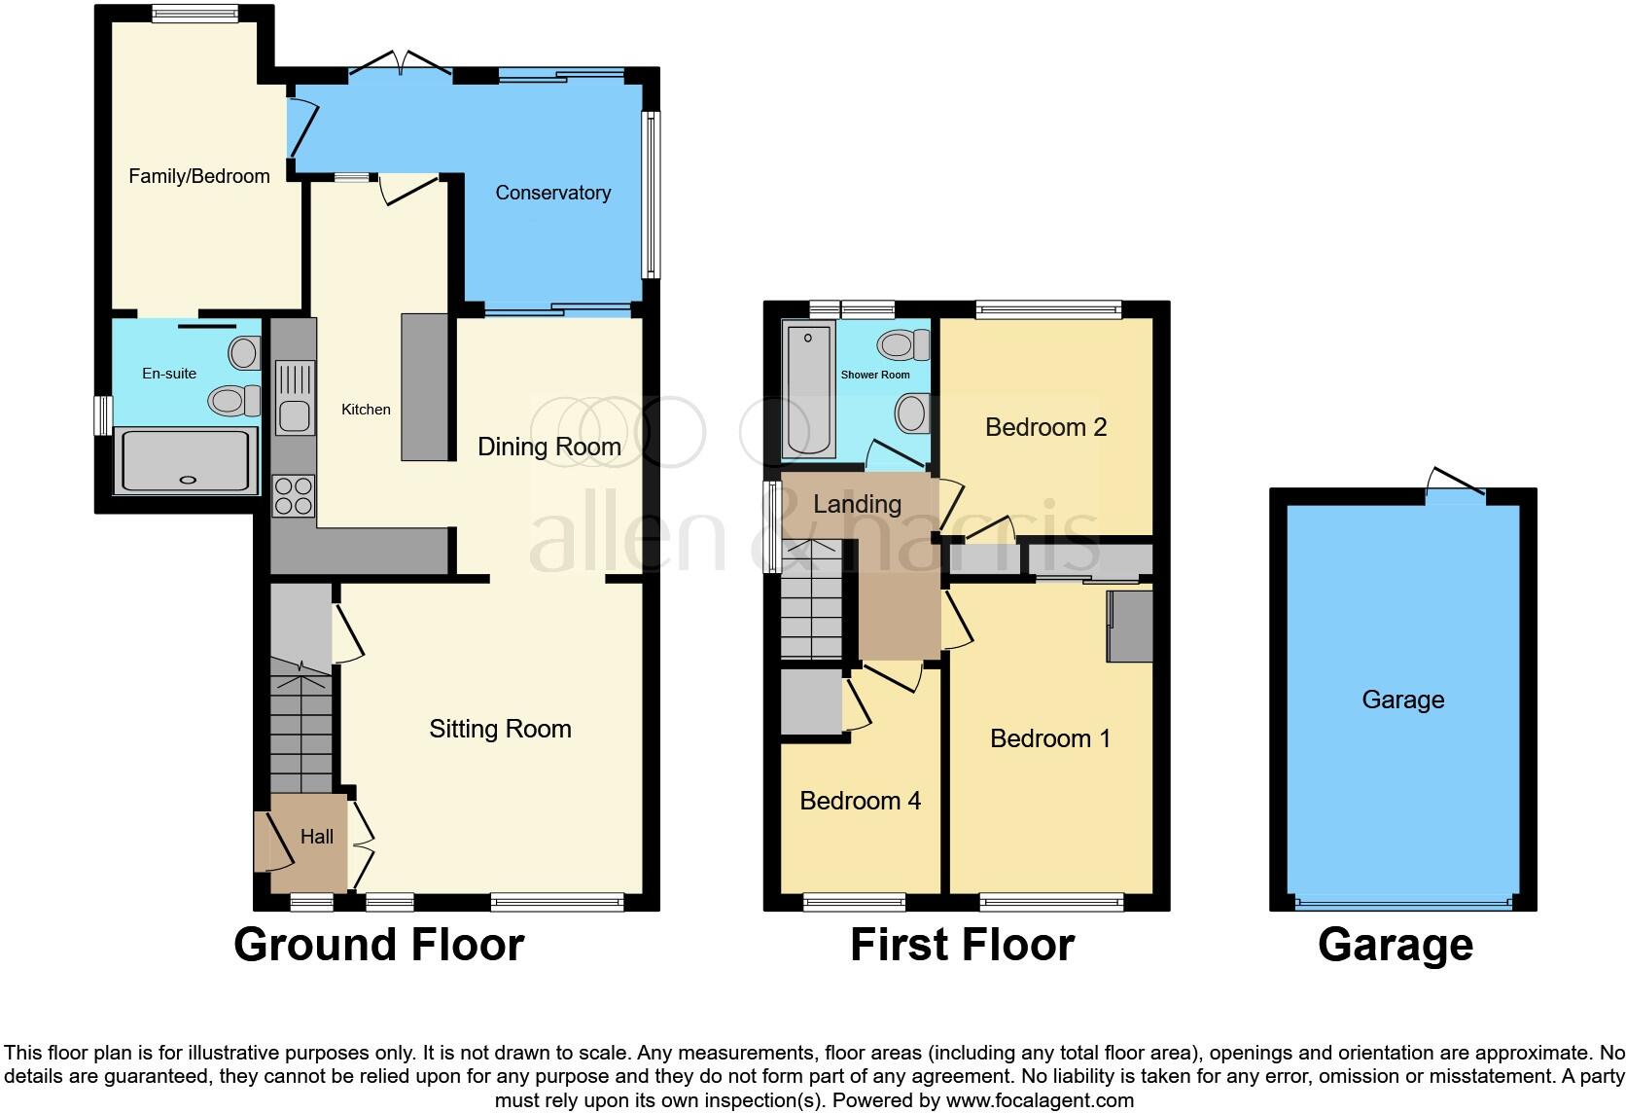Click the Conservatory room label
pyautogui.click(x=552, y=193)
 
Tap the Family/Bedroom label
pyautogui.click(x=198, y=176)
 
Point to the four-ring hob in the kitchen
pyautogui.click(x=294, y=495)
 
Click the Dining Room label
pyautogui.click(x=548, y=447)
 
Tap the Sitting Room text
pyautogui.click(x=500, y=729)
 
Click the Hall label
pyautogui.click(x=317, y=837)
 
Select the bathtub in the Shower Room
pyautogui.click(x=808, y=391)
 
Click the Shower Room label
pyautogui.click(x=875, y=375)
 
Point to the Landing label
pyautogui.click(x=857, y=504)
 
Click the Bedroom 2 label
pyautogui.click(x=1045, y=427)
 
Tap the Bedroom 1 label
pyautogui.click(x=1049, y=738)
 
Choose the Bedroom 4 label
pyautogui.click(x=860, y=801)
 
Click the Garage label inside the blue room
pyautogui.click(x=1402, y=700)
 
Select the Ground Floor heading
pyautogui.click(x=378, y=945)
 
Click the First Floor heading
pyautogui.click(x=962, y=945)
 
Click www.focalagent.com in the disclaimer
pyautogui.click(x=1039, y=1100)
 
